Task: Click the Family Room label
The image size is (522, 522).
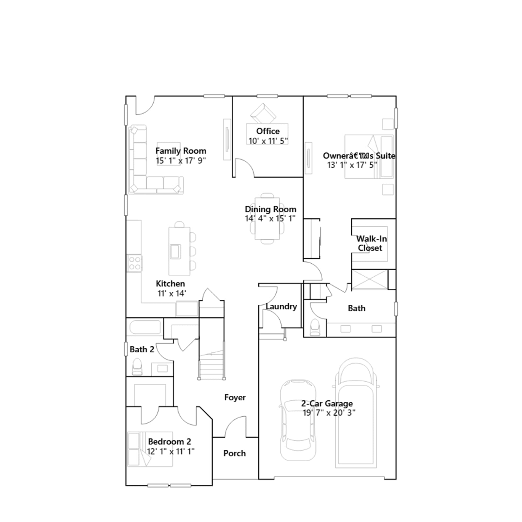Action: pyautogui.click(x=181, y=151)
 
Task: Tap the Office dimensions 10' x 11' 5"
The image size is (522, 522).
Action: pyautogui.click(x=268, y=141)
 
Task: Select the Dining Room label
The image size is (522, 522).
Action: pyautogui.click(x=270, y=209)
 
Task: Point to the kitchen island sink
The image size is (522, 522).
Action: pyautogui.click(x=175, y=251)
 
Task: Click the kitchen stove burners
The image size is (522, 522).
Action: pyautogui.click(x=134, y=263)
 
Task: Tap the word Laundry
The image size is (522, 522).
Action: pyautogui.click(x=281, y=306)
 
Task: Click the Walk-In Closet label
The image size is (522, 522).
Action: pyautogui.click(x=371, y=243)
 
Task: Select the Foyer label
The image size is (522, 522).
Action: pyautogui.click(x=235, y=397)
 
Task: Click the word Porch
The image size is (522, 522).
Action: pyautogui.click(x=235, y=453)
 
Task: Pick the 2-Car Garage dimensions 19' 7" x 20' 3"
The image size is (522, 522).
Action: pyautogui.click(x=329, y=413)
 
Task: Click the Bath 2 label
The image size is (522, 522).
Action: pyautogui.click(x=142, y=349)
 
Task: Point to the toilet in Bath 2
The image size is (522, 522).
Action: pyautogui.click(x=137, y=367)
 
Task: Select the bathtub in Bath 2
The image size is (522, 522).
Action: pyautogui.click(x=145, y=327)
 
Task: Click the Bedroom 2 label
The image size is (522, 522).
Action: pyautogui.click(x=170, y=441)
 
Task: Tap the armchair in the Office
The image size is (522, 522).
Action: pyautogui.click(x=263, y=113)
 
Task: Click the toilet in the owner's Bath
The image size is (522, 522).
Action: pyautogui.click(x=315, y=327)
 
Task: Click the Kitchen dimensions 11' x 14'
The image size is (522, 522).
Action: pyautogui.click(x=172, y=293)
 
